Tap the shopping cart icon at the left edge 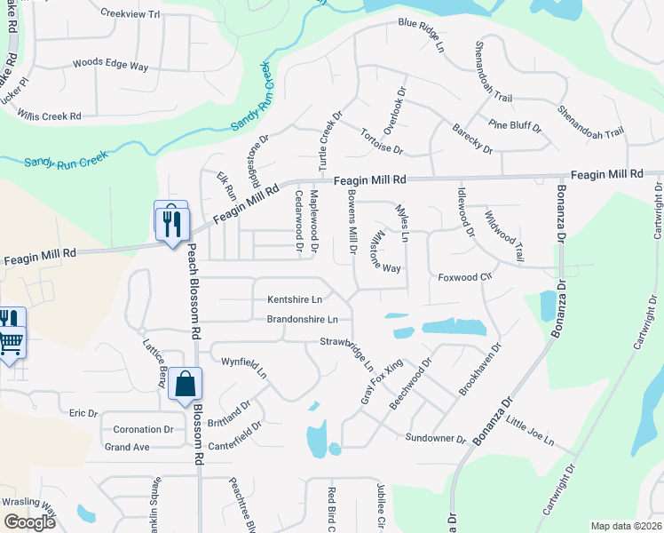pos(10,340)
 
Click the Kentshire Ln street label pos(295,298)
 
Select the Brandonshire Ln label pos(302,319)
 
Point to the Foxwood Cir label pos(465,277)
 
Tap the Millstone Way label pos(386,252)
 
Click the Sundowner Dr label pos(435,439)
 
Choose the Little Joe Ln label pos(530,432)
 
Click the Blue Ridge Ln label pos(420,24)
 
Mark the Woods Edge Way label pos(110,65)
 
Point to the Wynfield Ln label pos(244,367)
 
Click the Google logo pos(29,522)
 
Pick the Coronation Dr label pos(142,429)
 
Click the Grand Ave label pos(127,447)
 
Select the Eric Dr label pos(83,413)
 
